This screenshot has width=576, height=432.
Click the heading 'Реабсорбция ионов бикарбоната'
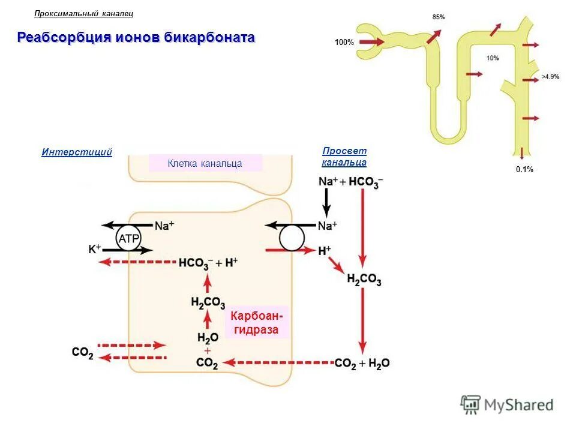tap(136, 38)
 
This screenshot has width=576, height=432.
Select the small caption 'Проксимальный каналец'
tap(84, 13)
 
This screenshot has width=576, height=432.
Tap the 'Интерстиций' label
tap(77, 152)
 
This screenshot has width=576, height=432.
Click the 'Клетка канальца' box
tap(205, 163)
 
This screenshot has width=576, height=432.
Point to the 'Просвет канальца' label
tap(344, 157)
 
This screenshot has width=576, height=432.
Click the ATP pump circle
tap(128, 238)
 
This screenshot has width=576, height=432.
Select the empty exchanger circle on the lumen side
tap(292, 238)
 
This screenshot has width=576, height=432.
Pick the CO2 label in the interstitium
tap(82, 352)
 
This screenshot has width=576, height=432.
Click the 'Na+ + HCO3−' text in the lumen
tap(351, 182)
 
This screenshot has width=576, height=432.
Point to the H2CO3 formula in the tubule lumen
tap(364, 280)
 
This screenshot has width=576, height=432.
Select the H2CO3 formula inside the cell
tap(208, 302)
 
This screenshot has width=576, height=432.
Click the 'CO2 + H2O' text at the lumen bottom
tap(362, 363)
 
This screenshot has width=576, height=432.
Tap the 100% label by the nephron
tap(344, 43)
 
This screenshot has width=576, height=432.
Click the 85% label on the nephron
tap(439, 17)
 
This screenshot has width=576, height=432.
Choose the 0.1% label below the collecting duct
tap(524, 170)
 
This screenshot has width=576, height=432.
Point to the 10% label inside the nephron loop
tap(493, 58)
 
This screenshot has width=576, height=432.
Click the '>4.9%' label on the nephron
tap(550, 77)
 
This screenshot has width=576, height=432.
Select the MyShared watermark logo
tap(507, 405)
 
